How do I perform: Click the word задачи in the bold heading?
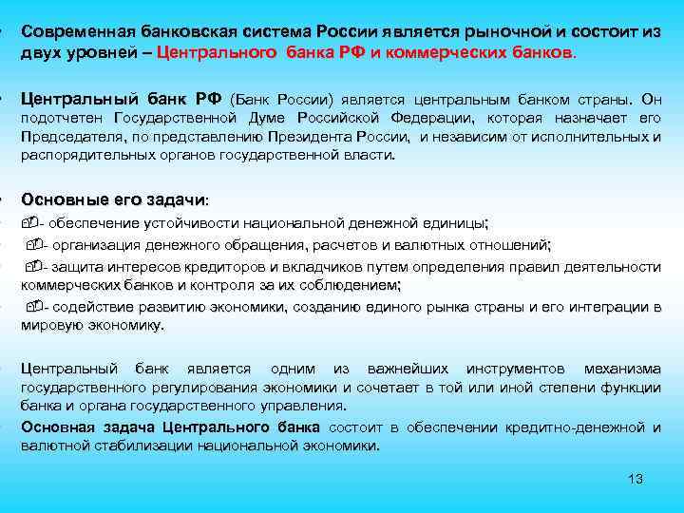[x=174, y=199]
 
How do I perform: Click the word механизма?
[x=622, y=369]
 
